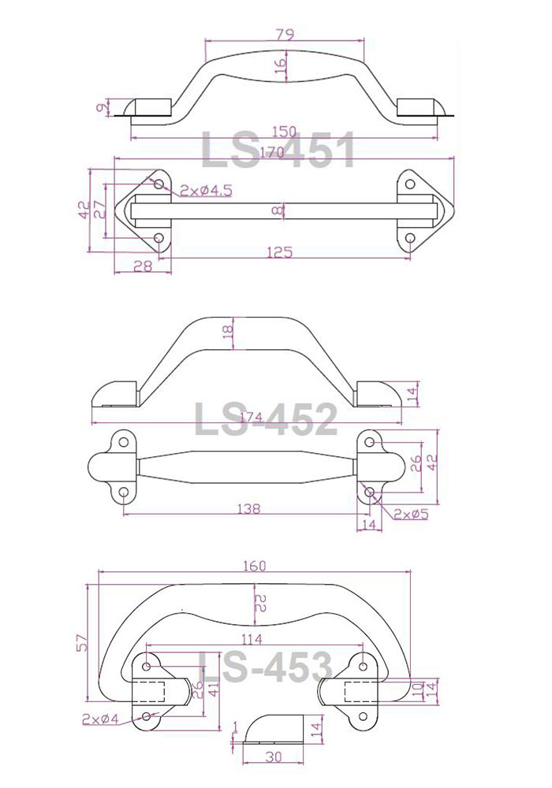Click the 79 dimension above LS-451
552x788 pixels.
click(x=285, y=35)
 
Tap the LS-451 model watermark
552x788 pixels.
click(x=278, y=149)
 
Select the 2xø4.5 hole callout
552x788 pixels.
click(x=206, y=191)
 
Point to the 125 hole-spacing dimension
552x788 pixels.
click(x=279, y=251)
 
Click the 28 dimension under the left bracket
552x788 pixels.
click(x=143, y=266)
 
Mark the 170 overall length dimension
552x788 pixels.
click(x=272, y=152)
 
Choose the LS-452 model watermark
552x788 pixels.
click(x=266, y=418)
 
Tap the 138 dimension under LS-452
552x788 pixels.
click(x=249, y=508)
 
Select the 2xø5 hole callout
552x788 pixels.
click(x=411, y=514)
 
